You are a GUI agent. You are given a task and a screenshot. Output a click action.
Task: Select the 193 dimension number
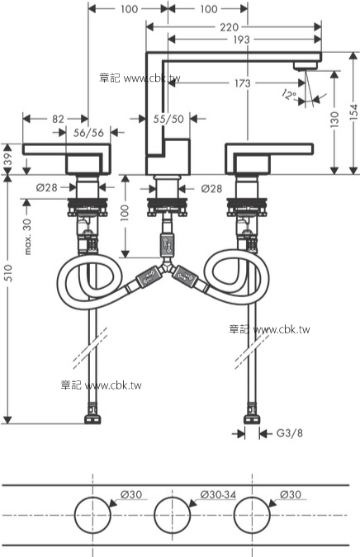click(x=242, y=40)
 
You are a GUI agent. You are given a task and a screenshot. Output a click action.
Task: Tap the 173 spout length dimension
click(x=242, y=83)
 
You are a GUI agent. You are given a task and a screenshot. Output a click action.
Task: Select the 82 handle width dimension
click(x=57, y=120)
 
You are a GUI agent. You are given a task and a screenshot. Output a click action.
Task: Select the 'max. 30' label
click(x=28, y=237)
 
